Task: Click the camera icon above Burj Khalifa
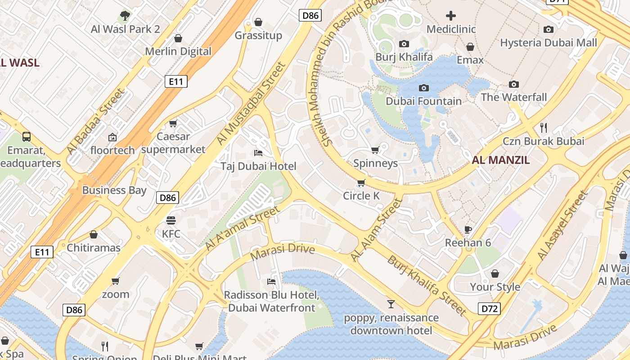tap(404, 44)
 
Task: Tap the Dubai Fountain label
tap(423, 101)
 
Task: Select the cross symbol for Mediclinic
tap(450, 16)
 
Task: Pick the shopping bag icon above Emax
tap(470, 47)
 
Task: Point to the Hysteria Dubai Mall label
tap(549, 43)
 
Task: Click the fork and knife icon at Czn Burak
tap(544, 127)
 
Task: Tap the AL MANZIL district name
tap(501, 160)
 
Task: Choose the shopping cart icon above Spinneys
tap(375, 150)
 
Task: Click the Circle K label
tap(361, 196)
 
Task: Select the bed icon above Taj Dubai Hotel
tap(258, 153)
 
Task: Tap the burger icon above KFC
tap(171, 220)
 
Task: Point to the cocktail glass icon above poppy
tap(391, 304)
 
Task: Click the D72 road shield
tap(489, 309)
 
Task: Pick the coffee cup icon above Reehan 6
tap(468, 229)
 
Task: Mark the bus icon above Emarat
tap(27, 136)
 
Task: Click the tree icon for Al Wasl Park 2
tap(125, 16)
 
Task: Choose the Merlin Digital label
tap(178, 51)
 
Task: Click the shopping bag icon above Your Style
tap(495, 274)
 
